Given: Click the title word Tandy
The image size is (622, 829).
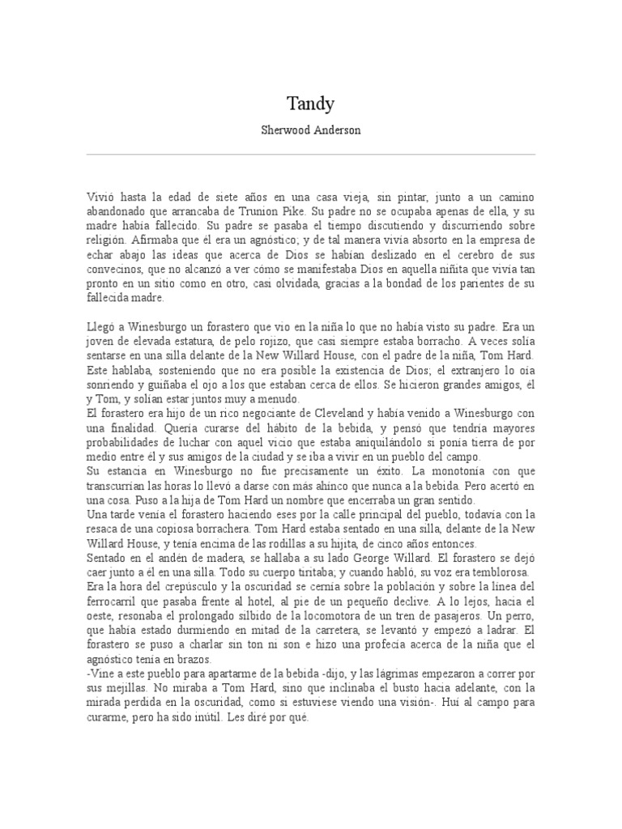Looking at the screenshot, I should coord(310,104).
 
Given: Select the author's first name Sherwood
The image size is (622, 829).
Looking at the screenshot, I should coord(284,130).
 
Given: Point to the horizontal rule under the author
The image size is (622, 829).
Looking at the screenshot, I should coord(310,154).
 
